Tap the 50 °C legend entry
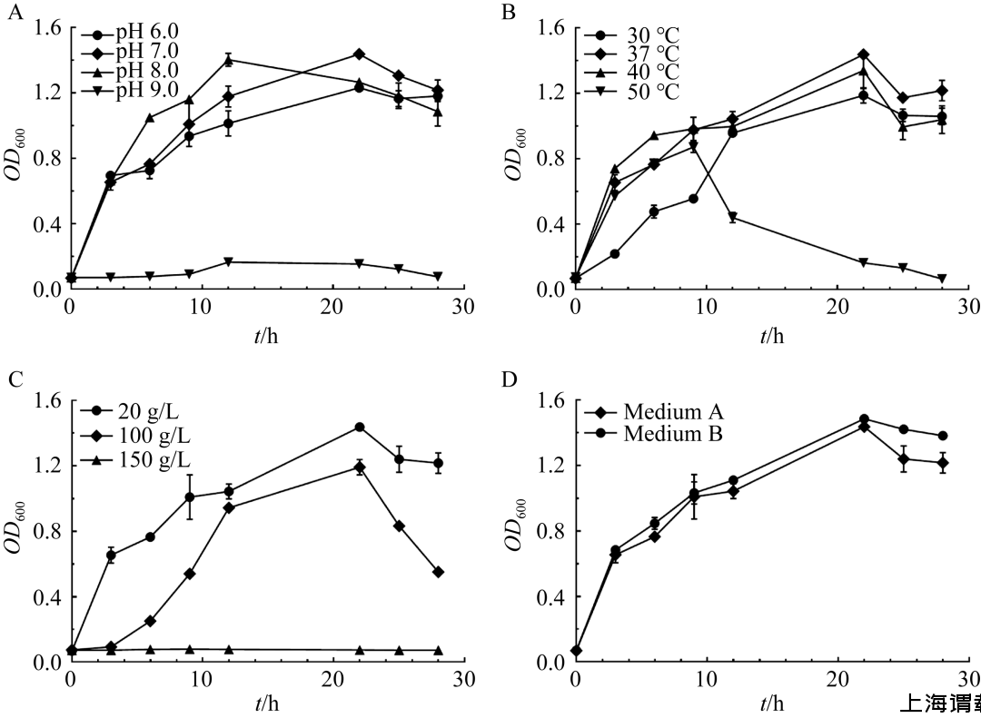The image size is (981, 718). [x=652, y=90]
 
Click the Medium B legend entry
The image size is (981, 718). [x=672, y=434]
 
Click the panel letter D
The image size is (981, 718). [x=509, y=378]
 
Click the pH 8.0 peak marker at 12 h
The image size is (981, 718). [x=228, y=60]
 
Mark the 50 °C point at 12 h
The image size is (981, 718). [x=732, y=217]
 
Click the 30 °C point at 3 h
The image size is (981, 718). [x=614, y=254]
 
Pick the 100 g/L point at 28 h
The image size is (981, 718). [x=438, y=572]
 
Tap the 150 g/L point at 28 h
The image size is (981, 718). [x=438, y=651]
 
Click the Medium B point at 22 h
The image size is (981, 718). [x=863, y=419]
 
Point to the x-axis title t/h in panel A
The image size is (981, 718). [x=266, y=337]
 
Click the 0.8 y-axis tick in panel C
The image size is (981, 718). [x=45, y=531]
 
